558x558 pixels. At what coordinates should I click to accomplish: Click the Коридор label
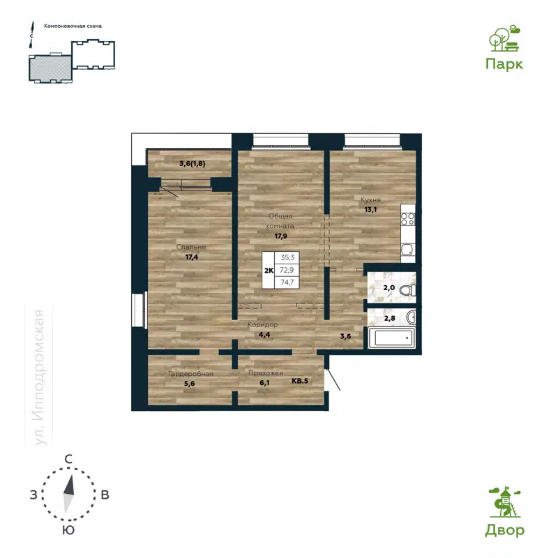point(263,325)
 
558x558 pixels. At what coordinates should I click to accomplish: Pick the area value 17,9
point(281,236)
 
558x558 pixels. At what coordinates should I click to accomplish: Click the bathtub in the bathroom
point(393,340)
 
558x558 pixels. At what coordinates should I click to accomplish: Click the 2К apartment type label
point(268,269)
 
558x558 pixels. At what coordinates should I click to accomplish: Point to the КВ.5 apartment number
point(300,382)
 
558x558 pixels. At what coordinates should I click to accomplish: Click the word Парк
point(504,63)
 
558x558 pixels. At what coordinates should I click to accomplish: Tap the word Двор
point(504,531)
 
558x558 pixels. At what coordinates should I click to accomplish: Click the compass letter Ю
point(68,530)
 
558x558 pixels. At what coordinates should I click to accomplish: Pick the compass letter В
point(105,495)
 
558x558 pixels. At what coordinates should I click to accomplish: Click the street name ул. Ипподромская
point(40,377)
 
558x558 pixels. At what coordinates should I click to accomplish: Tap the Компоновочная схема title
point(73,26)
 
